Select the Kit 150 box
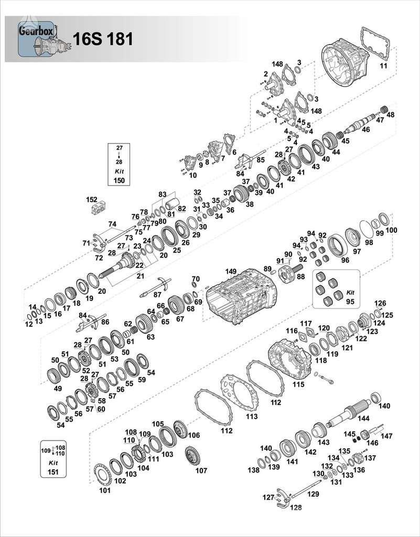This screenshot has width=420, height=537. (x=119, y=164)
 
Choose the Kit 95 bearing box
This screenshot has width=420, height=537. (x=336, y=288)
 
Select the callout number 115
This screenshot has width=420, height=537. (x=298, y=384)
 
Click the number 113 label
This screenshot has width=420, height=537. (x=252, y=416)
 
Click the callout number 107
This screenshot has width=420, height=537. (x=201, y=470)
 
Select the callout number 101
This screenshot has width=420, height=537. (x=105, y=491)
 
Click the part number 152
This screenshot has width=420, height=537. (x=92, y=200)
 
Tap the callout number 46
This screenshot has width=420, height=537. (x=365, y=129)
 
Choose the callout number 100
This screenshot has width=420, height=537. (x=391, y=231)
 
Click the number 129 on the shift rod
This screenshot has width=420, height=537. (x=313, y=494)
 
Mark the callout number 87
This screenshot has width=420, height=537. (x=157, y=295)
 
